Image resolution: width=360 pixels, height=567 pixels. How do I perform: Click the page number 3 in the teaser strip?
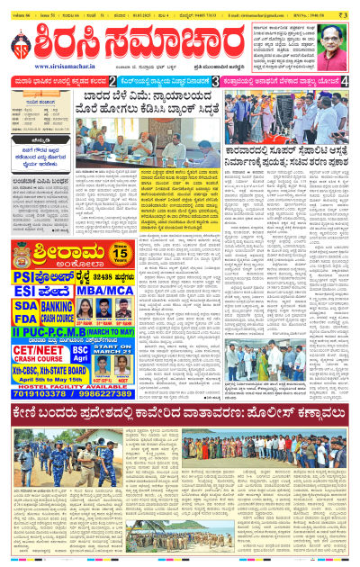214,81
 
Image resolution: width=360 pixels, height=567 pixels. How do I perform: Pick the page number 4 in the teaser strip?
346,81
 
